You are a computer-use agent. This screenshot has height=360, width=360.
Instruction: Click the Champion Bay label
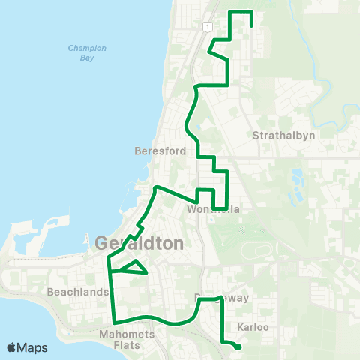(87, 52)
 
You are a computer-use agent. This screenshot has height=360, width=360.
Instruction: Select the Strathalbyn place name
(284, 136)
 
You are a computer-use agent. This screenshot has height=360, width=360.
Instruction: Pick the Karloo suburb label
(253, 328)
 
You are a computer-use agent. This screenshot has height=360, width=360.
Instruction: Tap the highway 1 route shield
(204, 26)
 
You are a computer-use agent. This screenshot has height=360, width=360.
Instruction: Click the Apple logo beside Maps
(12, 348)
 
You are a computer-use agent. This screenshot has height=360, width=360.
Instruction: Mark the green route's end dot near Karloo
(237, 346)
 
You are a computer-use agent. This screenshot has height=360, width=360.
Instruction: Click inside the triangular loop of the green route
(132, 268)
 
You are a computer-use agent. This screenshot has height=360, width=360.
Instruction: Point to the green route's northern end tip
(250, 25)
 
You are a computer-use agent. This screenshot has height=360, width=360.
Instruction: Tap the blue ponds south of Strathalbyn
(296, 180)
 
